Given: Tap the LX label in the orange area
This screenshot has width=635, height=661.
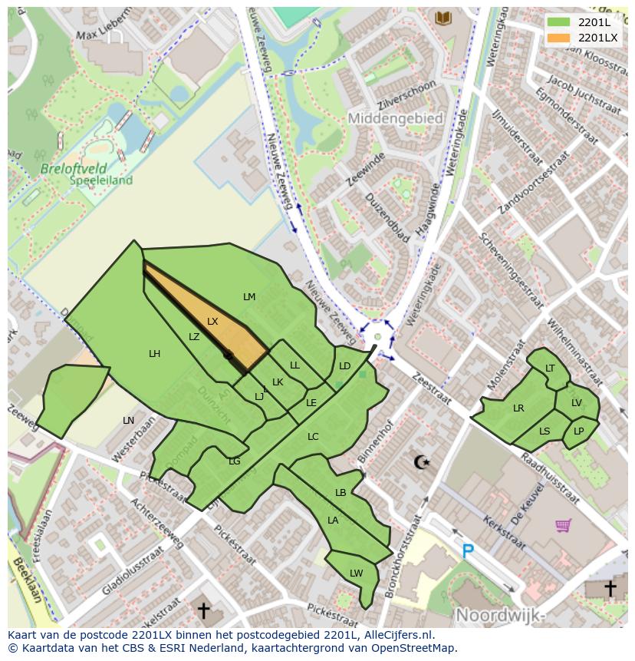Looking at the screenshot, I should point(212,322).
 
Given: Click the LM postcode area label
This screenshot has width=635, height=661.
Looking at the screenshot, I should point(249,297).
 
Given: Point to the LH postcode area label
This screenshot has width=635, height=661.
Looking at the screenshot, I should point(155,354).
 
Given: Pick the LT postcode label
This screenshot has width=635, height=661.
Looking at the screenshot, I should point(550,369).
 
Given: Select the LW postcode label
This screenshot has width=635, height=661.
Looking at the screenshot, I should point(356,573).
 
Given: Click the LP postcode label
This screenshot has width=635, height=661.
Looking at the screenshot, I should point(578,431).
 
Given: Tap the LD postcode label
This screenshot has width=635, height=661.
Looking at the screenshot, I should point(345,366).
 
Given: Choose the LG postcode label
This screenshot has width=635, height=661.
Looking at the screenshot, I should point(235,461).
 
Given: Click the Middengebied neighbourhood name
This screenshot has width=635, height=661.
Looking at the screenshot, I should point(396,119).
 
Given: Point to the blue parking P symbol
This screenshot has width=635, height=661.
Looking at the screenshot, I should point(468,550).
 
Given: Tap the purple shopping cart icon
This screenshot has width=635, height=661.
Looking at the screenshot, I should point(564,525).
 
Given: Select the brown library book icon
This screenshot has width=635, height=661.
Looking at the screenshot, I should point(443,18).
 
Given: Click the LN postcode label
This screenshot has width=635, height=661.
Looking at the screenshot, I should point(128,421).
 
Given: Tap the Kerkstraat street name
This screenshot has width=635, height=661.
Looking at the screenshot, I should point(504,532).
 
